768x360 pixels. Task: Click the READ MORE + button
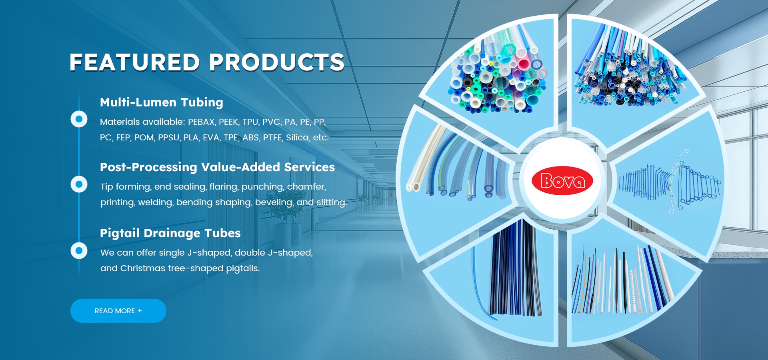click(x=118, y=311)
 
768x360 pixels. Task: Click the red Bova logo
click(x=562, y=180)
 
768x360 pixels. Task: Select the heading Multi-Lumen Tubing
click(x=161, y=102)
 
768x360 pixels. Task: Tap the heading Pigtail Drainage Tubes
click(x=170, y=233)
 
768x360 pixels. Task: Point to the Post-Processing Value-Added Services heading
click(x=217, y=167)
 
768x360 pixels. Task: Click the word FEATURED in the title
click(x=134, y=62)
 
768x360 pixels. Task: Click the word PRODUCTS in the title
click(x=276, y=62)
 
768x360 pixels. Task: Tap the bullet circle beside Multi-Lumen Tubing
click(x=79, y=119)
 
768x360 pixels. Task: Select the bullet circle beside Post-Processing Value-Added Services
click(x=79, y=184)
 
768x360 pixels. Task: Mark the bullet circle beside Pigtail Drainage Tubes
click(x=79, y=251)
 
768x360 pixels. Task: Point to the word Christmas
click(x=143, y=268)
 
